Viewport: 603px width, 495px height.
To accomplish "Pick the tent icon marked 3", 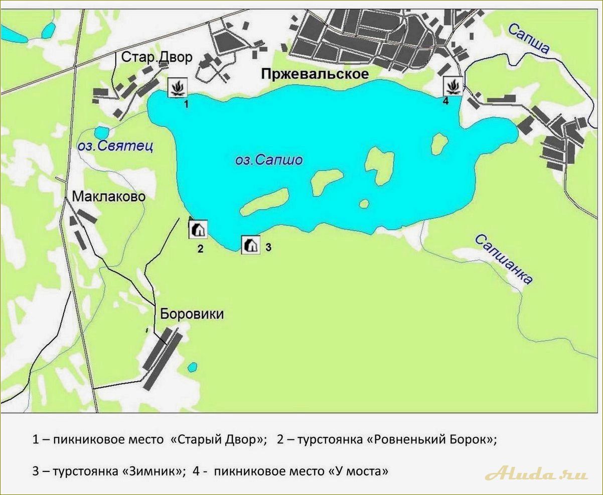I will (251, 245).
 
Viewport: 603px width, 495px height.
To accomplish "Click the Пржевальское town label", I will (315, 74).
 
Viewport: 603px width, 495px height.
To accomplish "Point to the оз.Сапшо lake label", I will (269, 160).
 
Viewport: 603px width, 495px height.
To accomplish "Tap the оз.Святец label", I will (115, 146).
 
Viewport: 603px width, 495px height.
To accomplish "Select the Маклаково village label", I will (109, 196).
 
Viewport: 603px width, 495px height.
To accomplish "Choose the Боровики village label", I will (192, 314).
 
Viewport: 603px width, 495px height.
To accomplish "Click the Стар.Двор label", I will (157, 57).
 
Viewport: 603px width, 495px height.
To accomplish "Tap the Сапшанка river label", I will (503, 259).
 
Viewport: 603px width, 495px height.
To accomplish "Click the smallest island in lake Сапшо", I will (364, 203).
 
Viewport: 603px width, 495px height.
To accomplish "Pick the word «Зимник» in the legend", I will (149, 471).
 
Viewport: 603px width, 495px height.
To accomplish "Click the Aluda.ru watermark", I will (536, 473).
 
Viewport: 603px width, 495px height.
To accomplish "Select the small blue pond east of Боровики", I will (192, 367).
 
